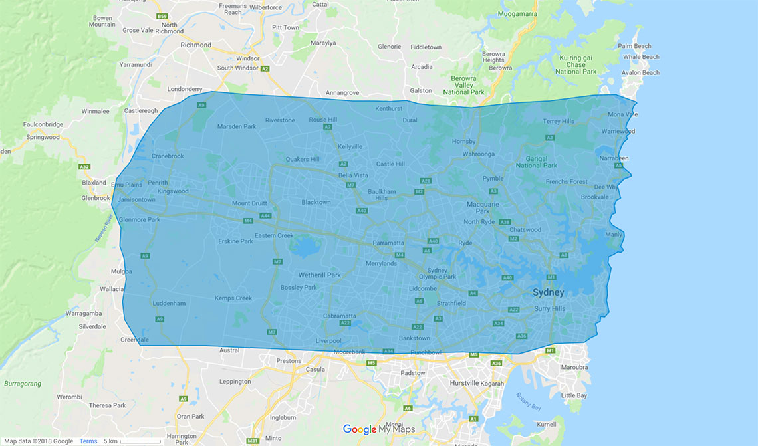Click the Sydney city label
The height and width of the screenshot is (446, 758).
[x=548, y=292]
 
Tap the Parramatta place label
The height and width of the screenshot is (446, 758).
[x=388, y=243]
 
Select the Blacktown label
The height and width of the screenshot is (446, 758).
[x=316, y=202]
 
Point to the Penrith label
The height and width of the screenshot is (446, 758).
[x=158, y=183]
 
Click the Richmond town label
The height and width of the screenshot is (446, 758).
[x=195, y=45]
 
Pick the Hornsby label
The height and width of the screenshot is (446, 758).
[x=463, y=142]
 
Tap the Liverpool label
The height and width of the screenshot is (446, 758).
[x=328, y=341]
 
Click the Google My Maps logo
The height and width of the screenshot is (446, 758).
[x=378, y=429]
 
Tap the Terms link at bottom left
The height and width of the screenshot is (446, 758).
[x=88, y=441]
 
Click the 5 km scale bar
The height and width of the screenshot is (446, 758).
[x=140, y=441]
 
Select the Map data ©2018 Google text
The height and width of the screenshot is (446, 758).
[x=39, y=441]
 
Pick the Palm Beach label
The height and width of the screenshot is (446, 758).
[x=634, y=47]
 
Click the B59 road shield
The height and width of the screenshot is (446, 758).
[x=161, y=15]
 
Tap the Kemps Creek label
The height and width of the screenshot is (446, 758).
[x=233, y=298]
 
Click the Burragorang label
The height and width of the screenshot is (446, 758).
[x=23, y=384]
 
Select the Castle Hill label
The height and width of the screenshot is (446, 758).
[x=390, y=164]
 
